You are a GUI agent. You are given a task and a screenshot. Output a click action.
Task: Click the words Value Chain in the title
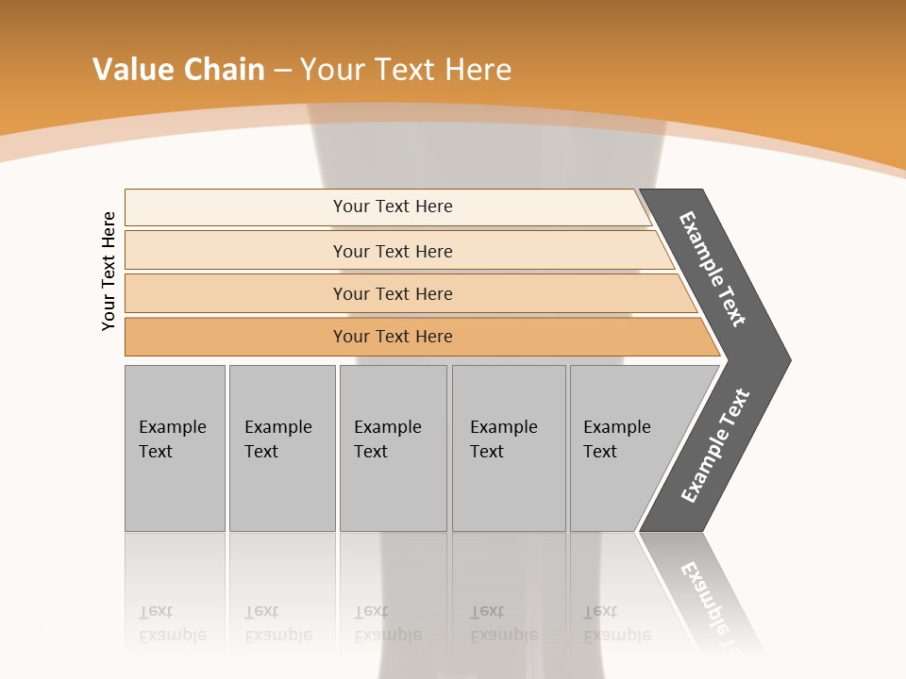click(178, 70)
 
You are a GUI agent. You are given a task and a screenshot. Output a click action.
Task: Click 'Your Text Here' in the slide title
click(406, 70)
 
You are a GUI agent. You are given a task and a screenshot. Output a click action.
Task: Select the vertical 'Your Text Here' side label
click(109, 271)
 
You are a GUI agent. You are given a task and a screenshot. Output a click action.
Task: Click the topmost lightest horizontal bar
click(236, 207)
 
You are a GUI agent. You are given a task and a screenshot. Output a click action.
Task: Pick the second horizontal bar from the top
click(236, 251)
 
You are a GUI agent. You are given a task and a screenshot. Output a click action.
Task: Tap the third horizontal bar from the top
click(236, 293)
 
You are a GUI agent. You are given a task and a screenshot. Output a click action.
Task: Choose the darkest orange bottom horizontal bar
click(236, 337)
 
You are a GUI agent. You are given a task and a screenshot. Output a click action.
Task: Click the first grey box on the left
click(175, 490)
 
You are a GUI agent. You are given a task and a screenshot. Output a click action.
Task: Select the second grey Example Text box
click(281, 490)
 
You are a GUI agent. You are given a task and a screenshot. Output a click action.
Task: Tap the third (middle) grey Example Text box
click(393, 490)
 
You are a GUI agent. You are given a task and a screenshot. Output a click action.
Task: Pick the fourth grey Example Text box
click(508, 490)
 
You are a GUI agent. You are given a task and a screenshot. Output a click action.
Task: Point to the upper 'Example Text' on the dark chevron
click(713, 269)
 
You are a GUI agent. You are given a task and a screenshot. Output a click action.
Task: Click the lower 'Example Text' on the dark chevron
click(714, 446)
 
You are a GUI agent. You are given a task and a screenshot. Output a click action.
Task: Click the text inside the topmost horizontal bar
click(393, 207)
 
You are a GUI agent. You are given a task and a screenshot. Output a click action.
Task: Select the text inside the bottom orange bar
click(393, 337)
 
